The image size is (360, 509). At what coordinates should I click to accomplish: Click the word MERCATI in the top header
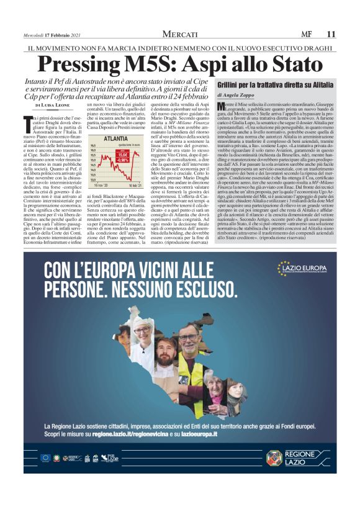click(180, 34)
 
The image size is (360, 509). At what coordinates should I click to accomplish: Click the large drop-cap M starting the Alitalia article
click(222, 107)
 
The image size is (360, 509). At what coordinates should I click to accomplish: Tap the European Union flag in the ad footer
click(45, 458)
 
